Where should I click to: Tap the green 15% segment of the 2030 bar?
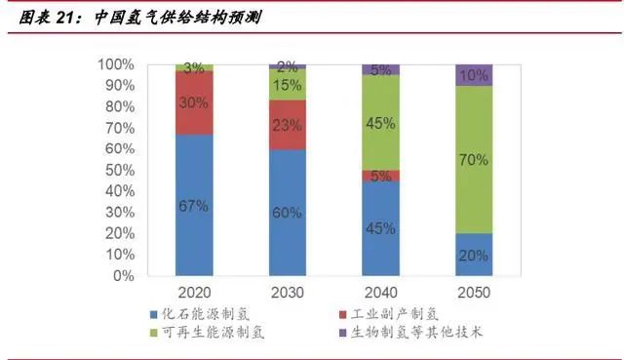[288, 85]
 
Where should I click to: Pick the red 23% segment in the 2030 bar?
[288, 125]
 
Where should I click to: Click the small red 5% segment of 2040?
[380, 176]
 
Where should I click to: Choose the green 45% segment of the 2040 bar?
[380, 123]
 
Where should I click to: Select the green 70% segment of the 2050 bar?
[474, 160]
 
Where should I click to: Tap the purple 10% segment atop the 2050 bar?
[474, 75]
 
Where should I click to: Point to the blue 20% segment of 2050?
[474, 255]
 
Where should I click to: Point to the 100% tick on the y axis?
[116, 64]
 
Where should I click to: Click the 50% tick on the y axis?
[119, 170]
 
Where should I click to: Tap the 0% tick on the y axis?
[123, 276]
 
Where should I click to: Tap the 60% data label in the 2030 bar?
[288, 213]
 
